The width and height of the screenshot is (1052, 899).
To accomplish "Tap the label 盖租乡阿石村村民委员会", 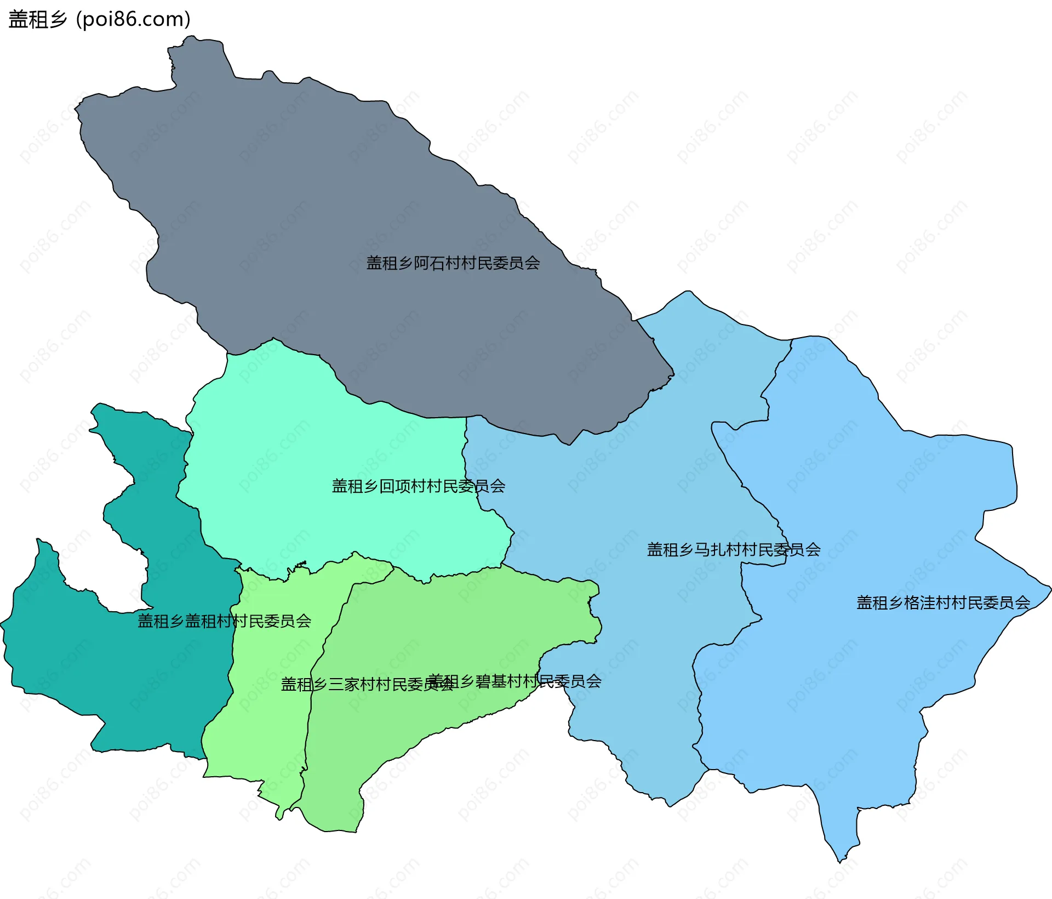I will (x=453, y=263).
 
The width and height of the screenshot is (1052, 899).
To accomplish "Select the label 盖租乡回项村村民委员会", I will (x=418, y=486).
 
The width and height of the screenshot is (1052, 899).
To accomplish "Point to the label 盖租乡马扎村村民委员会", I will (x=733, y=549).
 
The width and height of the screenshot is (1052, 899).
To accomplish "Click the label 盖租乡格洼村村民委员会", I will (x=942, y=602).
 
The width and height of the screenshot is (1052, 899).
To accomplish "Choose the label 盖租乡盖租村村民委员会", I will (x=224, y=621).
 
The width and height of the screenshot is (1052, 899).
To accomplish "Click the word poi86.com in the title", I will (x=133, y=19).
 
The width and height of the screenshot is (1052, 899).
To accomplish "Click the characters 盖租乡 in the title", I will (x=37, y=19).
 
